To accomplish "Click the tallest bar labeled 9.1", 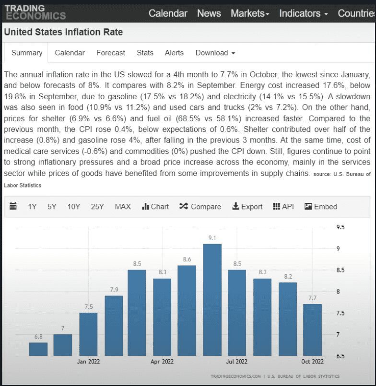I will [x=212, y=300].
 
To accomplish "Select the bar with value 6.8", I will [x=38, y=349].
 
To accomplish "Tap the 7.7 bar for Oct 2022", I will [x=312, y=330].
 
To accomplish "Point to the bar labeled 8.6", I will [x=187, y=310].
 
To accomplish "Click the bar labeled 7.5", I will [x=88, y=334].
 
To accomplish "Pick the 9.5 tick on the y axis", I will [x=341, y=227].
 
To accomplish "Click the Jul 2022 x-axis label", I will [x=237, y=362].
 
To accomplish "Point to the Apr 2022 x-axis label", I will [x=162, y=362].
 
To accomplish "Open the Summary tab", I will [x=27, y=53].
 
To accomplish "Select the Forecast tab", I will [x=110, y=53].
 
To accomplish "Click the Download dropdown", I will [x=215, y=53].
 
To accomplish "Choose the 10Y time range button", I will [x=74, y=207].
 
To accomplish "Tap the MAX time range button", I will [x=123, y=207].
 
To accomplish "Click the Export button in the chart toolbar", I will [x=247, y=207].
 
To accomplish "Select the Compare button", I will [x=200, y=207].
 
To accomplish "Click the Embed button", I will [x=321, y=207].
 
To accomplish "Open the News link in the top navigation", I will [x=209, y=13].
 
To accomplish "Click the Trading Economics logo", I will [x=35, y=12].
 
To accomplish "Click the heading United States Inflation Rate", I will [x=63, y=32].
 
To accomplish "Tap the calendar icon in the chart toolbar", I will [x=13, y=207].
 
